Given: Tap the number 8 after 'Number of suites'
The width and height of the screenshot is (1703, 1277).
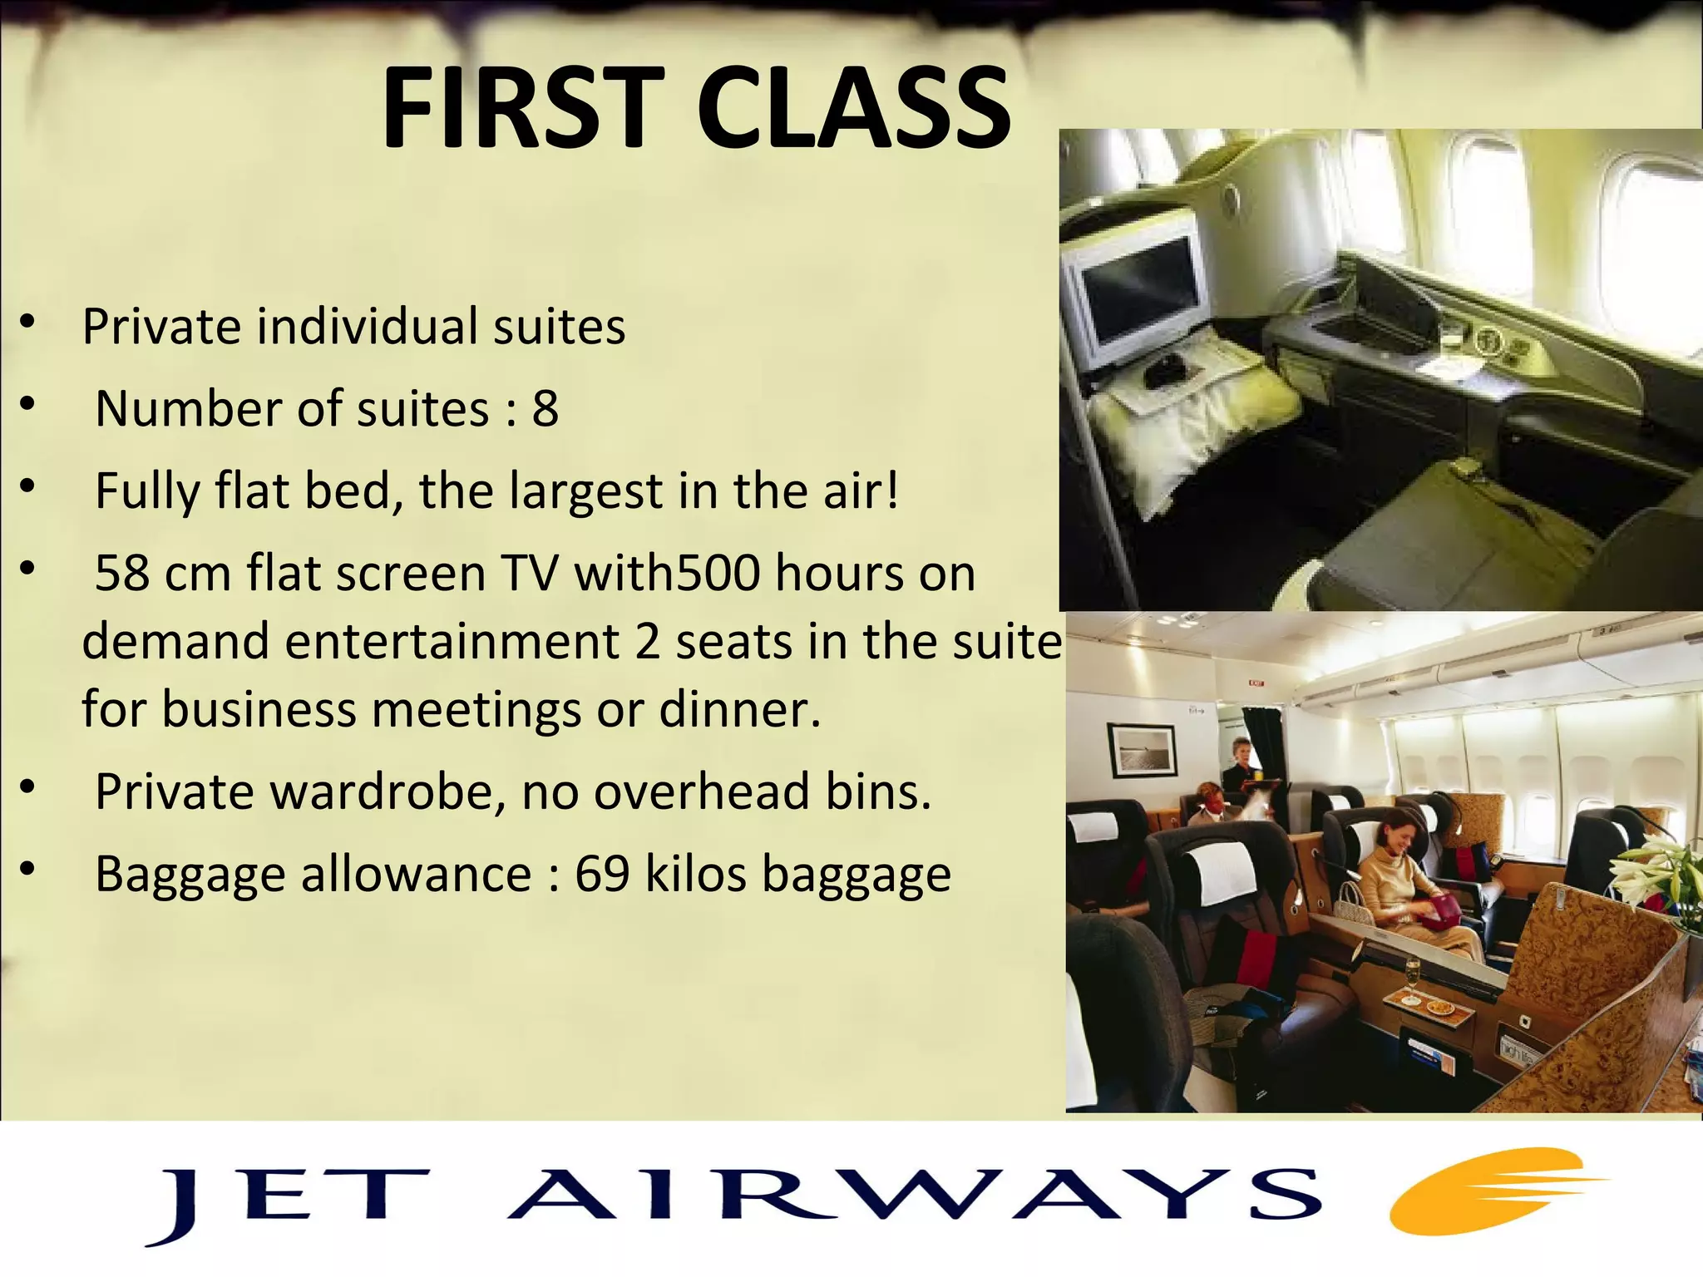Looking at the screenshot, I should (x=545, y=409).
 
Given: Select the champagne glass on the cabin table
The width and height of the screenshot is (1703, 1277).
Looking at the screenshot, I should (x=1411, y=979).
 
